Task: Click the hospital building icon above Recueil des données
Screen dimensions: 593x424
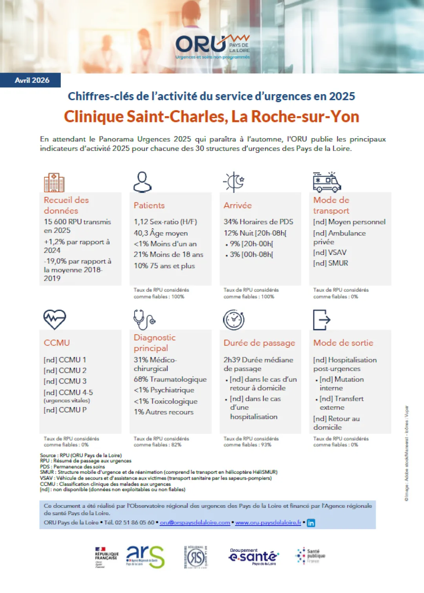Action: click(54, 182)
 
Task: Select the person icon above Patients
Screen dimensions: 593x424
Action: click(143, 182)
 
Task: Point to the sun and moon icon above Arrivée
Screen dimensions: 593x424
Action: click(234, 182)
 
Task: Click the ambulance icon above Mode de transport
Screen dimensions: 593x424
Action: click(327, 182)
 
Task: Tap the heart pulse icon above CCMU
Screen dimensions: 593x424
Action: click(55, 319)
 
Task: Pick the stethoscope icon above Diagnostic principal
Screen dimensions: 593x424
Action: click(144, 319)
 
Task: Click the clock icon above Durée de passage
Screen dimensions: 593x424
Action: click(234, 320)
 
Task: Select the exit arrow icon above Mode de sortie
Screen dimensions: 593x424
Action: click(322, 320)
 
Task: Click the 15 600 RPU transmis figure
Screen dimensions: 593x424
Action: click(77, 226)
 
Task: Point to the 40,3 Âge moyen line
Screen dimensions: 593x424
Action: click(161, 233)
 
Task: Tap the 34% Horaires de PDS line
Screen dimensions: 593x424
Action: click(258, 222)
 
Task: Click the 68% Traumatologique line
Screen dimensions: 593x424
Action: click(170, 379)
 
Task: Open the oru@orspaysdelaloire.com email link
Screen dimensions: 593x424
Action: click(195, 522)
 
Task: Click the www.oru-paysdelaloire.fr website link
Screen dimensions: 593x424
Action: click(268, 522)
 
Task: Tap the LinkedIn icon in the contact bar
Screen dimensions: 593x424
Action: click(311, 523)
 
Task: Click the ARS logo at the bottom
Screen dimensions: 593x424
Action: click(145, 557)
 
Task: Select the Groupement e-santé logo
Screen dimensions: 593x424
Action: click(253, 557)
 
